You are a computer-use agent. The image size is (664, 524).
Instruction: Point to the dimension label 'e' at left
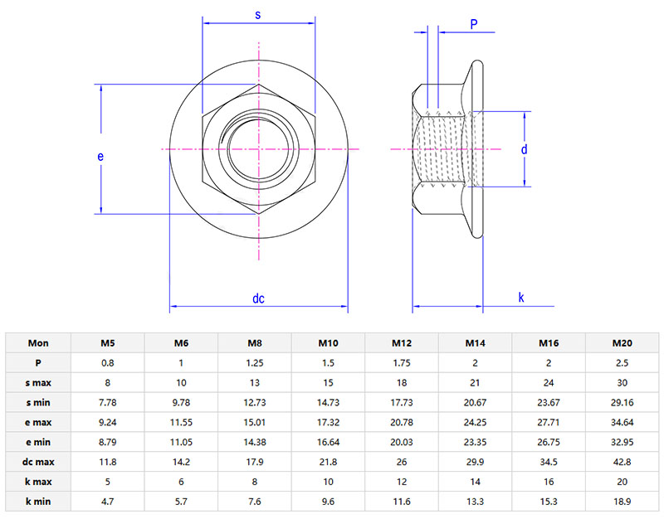[x=100, y=156]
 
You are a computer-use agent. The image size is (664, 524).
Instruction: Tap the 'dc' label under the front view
[x=258, y=298]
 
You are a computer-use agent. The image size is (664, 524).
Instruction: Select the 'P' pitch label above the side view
[x=474, y=24]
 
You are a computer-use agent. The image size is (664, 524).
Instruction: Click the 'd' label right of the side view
[x=524, y=149]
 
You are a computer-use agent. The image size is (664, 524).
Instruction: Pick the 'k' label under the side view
[x=521, y=298]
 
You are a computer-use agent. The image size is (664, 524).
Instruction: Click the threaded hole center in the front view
[x=258, y=148]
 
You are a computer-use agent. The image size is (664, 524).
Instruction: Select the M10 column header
[x=328, y=343]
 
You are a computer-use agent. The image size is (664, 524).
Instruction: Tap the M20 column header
[x=622, y=343]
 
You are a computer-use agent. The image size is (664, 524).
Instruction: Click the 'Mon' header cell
[x=38, y=343]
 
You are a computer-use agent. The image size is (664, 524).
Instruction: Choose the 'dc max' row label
[x=38, y=462]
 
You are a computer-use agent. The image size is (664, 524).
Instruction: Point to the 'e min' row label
[x=38, y=442]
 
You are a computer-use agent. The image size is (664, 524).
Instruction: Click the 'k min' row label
[x=38, y=502]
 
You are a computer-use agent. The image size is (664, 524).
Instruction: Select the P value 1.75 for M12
[x=402, y=363]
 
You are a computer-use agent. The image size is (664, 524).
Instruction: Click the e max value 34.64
[x=622, y=422]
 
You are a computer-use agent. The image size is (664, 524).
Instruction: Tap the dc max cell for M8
[x=254, y=462]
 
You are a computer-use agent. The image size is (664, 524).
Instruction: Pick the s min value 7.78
[x=107, y=402]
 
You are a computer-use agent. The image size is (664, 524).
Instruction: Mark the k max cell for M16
[x=549, y=482]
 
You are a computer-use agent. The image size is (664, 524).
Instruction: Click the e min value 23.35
[x=475, y=442]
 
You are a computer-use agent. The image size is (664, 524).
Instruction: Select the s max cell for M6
[x=181, y=383]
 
